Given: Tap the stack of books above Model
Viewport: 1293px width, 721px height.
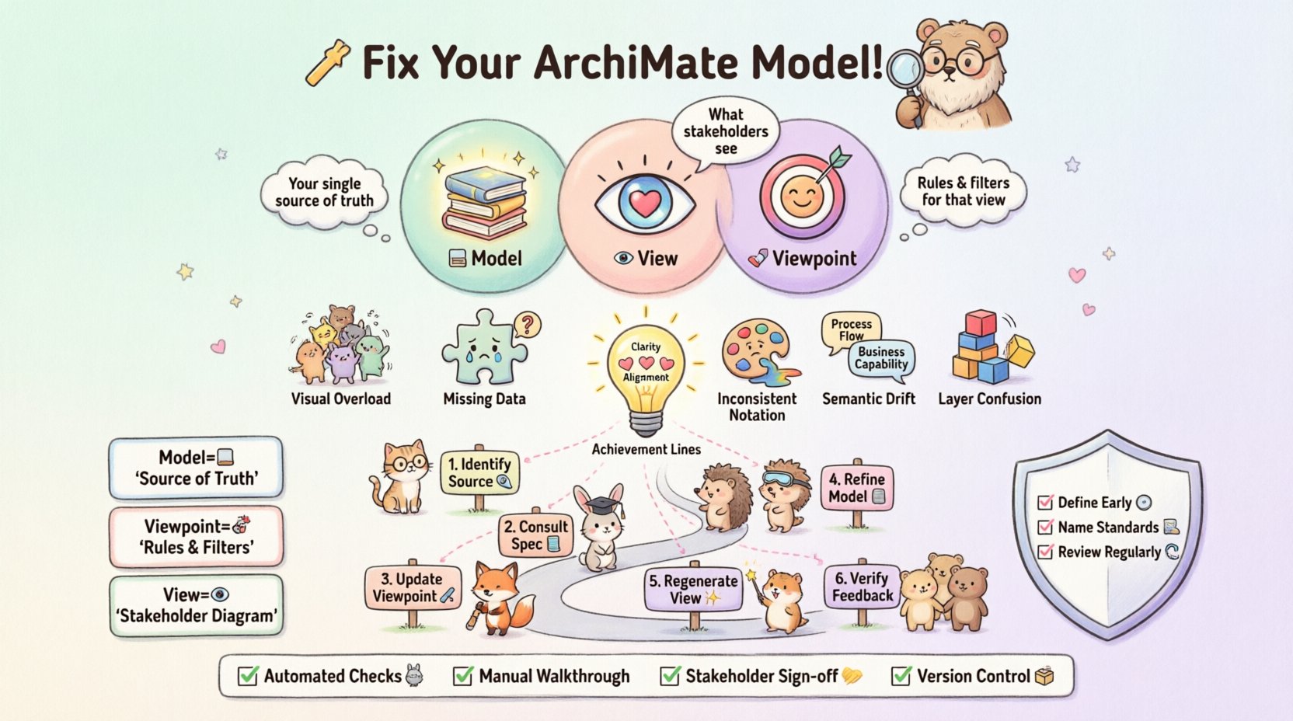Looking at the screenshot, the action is (484, 200).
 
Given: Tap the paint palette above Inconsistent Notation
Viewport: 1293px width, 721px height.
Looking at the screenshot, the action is (755, 354).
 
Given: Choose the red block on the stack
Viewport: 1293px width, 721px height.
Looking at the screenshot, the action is (980, 322).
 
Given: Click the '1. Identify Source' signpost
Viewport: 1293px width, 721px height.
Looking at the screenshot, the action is (479, 472).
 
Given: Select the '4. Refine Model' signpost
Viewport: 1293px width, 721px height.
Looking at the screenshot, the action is (856, 488).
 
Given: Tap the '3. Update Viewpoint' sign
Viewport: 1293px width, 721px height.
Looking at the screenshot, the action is (413, 588).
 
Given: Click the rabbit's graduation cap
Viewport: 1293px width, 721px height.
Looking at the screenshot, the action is (600, 506).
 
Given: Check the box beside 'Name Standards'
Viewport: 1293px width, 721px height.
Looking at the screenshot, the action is (1045, 528).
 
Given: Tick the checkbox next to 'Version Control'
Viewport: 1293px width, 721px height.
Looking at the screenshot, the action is (901, 676).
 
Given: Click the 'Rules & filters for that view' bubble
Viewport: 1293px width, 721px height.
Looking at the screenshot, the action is (964, 191).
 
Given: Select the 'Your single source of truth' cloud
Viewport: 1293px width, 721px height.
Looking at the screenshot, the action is (324, 192).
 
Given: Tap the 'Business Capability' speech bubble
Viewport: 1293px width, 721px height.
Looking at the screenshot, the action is (881, 358).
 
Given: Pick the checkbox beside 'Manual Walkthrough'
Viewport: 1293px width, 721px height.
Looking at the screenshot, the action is (463, 676).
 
